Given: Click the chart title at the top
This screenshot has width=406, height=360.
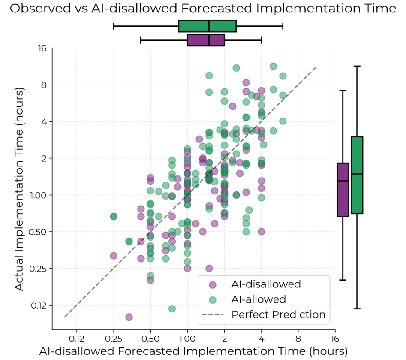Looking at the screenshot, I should click(x=203, y=9).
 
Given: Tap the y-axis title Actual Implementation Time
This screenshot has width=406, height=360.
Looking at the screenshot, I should click(x=19, y=189).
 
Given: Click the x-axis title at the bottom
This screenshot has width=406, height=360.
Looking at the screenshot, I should click(x=193, y=351).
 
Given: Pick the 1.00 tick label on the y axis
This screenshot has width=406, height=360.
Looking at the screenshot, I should click(x=39, y=195).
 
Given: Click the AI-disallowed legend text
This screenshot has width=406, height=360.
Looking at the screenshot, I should click(x=266, y=284).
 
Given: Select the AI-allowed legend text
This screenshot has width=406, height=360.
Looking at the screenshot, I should click(x=259, y=299).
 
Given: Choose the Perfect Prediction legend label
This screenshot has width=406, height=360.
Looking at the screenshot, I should click(x=278, y=315).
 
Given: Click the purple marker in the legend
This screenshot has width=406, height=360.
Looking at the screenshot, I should click(x=212, y=284).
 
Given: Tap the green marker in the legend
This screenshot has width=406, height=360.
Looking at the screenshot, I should click(x=212, y=299).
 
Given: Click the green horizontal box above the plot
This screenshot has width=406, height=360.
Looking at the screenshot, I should click(x=208, y=26).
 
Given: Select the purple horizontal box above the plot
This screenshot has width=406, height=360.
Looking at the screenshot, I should click(x=206, y=40).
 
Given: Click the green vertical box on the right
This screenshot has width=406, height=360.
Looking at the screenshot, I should click(x=357, y=175).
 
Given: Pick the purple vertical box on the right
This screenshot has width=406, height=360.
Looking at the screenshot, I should click(x=343, y=189).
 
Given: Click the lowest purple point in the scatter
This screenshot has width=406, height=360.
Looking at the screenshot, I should click(x=129, y=317).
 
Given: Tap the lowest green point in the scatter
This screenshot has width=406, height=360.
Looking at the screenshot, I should click(x=172, y=309).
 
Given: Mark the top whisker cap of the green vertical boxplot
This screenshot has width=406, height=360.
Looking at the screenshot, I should click(x=357, y=66).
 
